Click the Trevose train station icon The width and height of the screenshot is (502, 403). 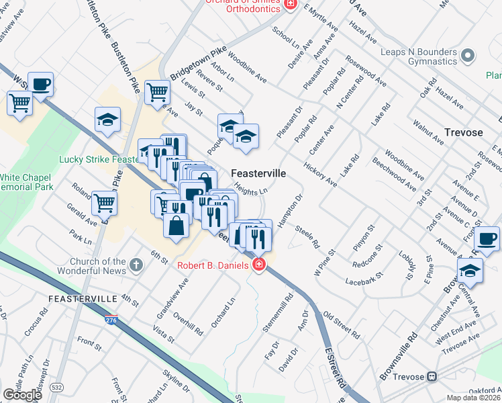point(434,377)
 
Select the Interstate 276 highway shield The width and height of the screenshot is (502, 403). point(111,321)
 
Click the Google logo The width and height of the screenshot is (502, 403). point(22,394)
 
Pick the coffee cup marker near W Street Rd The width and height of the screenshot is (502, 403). point(40,85)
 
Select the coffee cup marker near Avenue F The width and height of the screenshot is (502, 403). point(487,238)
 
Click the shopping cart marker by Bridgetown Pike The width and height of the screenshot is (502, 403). point(157,91)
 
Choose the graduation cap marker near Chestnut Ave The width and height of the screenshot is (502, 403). point(470,270)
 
